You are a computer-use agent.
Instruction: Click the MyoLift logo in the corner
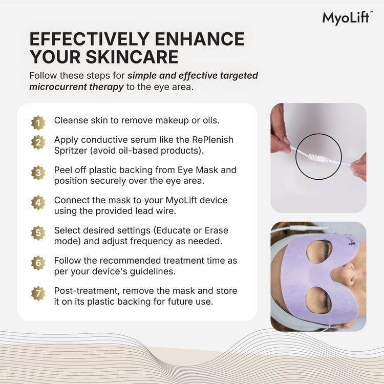click(x=348, y=18)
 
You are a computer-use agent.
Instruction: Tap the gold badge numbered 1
click(x=38, y=123)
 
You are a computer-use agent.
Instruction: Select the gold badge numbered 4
click(x=38, y=203)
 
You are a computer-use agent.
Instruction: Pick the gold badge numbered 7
click(x=38, y=293)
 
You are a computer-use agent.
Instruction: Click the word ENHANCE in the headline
click(x=200, y=39)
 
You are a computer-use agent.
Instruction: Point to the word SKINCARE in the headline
click(x=132, y=57)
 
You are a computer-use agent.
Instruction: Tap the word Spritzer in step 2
click(x=71, y=151)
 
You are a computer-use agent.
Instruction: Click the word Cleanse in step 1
click(x=71, y=120)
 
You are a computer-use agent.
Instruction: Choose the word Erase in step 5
click(x=217, y=230)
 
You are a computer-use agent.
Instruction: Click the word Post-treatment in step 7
click(x=87, y=291)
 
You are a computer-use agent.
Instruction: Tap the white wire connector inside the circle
click(x=318, y=158)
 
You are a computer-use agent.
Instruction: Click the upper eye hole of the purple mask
click(x=319, y=252)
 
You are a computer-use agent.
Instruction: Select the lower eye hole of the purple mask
click(x=318, y=300)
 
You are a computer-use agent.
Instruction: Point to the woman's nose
click(x=345, y=275)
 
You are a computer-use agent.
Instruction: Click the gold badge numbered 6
click(x=38, y=263)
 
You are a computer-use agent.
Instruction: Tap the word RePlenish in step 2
click(x=212, y=140)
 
